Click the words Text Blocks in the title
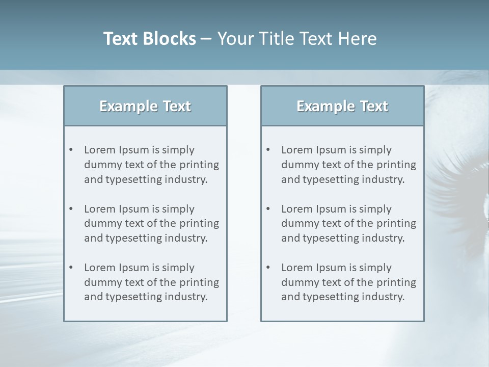[150, 39]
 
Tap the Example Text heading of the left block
[145, 106]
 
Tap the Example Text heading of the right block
[342, 106]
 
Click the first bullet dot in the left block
[71, 150]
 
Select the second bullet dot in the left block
[71, 209]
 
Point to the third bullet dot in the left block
[71, 268]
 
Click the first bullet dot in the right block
[268, 150]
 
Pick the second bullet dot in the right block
[268, 209]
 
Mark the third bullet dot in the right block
[268, 268]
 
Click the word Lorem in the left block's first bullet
[100, 150]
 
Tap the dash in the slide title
[206, 39]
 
